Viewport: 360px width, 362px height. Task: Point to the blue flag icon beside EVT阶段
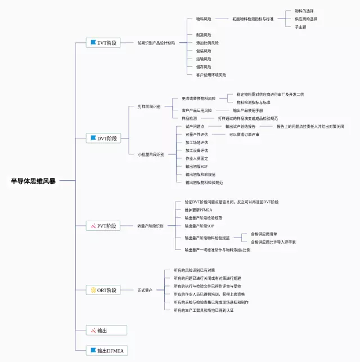coord(93,43)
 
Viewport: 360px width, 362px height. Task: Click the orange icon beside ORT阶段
coord(93,290)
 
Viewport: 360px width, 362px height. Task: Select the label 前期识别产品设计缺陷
coord(156,43)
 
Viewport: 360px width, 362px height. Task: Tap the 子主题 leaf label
coord(300,26)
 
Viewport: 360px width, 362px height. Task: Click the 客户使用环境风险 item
coord(211,75)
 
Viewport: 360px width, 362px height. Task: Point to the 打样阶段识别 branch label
coord(149,106)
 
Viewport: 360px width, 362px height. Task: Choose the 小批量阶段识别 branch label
coord(151,154)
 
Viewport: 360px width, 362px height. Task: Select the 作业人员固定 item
coord(197,159)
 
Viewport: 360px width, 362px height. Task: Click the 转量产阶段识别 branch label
coord(150,226)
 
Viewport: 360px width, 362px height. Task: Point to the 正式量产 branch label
coord(145,290)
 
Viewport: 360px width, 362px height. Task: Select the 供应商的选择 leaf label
coord(306,19)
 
